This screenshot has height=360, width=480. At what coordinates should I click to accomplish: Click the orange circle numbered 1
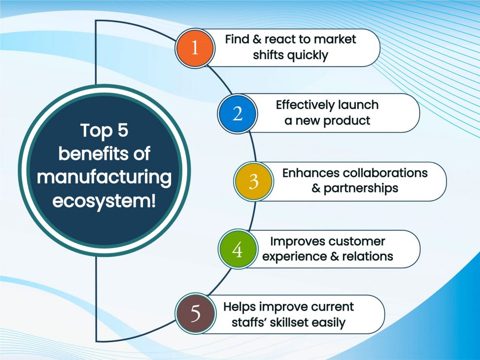(195, 48)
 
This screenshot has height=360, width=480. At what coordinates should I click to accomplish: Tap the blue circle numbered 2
(238, 113)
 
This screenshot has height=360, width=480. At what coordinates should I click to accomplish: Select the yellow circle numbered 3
(253, 181)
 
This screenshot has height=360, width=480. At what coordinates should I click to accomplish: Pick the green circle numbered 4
(238, 250)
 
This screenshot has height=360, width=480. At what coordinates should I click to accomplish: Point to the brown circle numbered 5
(195, 314)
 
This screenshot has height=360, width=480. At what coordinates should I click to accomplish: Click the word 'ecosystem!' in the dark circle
(104, 202)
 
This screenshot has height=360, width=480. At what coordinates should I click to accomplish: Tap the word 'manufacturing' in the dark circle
(104, 178)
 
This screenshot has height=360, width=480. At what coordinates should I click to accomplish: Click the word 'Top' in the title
(92, 131)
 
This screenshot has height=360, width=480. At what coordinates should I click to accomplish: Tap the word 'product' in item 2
(346, 121)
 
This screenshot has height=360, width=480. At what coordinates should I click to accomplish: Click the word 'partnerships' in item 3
(361, 188)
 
